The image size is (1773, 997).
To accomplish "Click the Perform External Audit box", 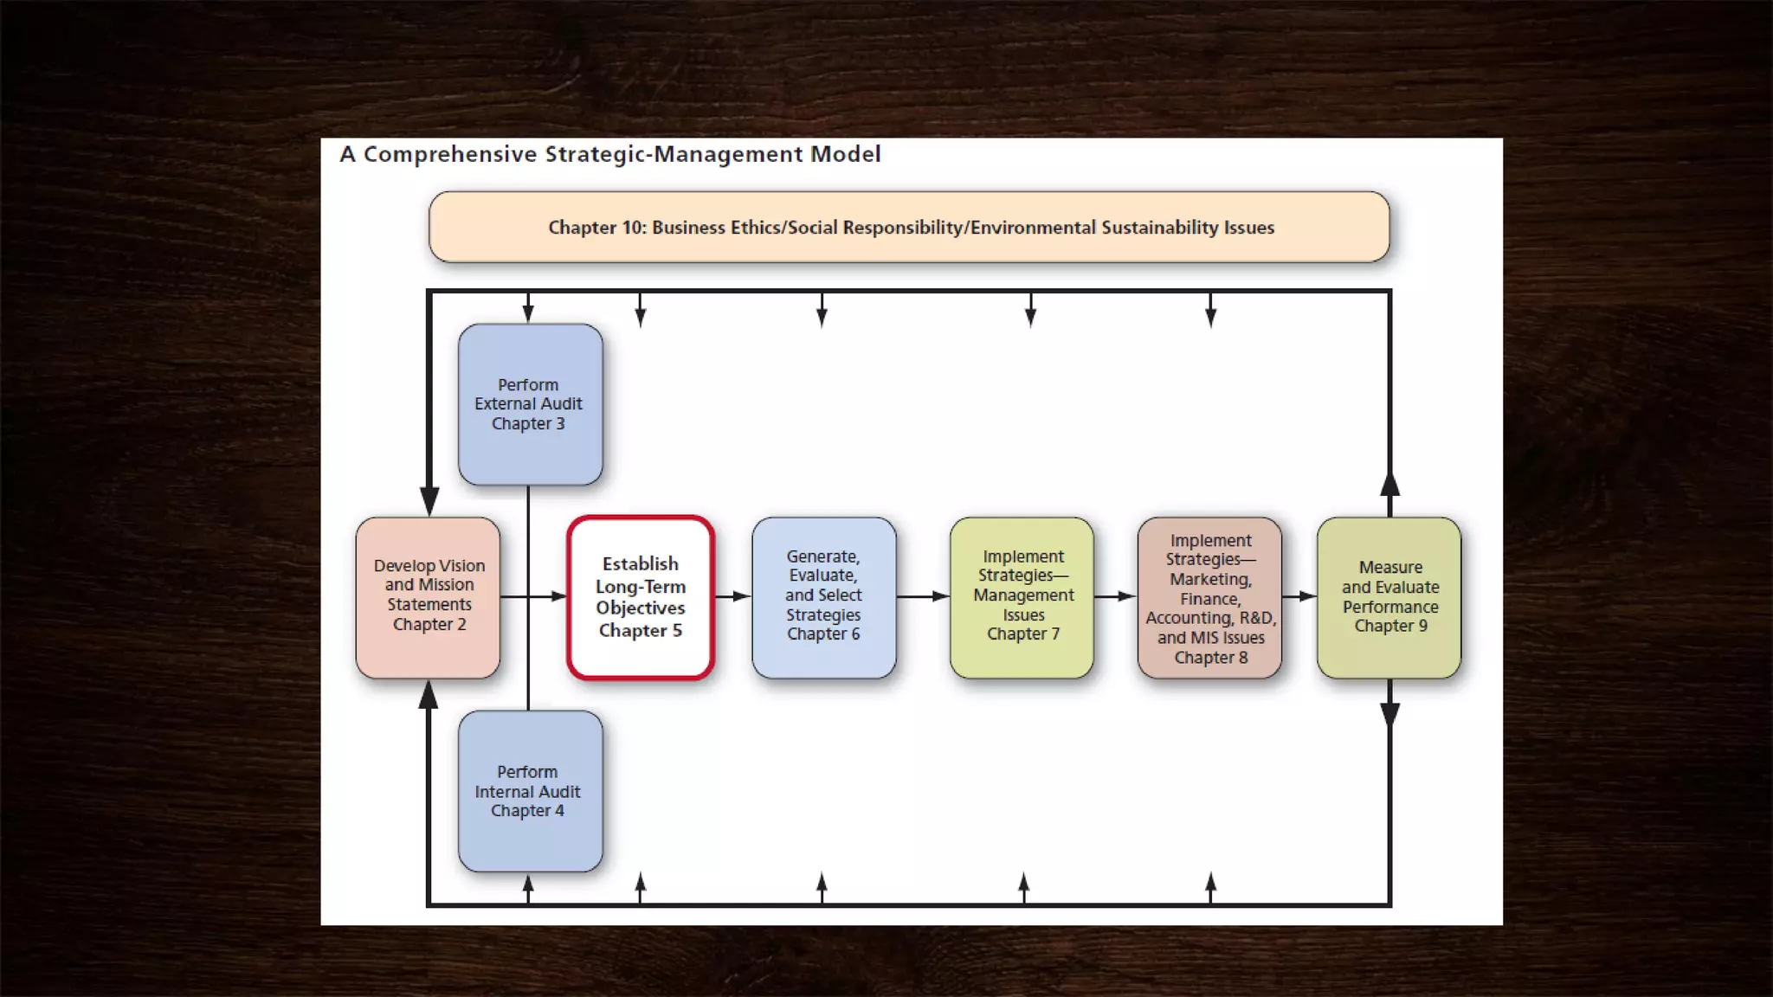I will pos(530,404).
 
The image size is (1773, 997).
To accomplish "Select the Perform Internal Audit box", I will pos(530,791).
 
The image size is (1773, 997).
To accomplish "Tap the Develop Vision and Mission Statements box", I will pos(428,597).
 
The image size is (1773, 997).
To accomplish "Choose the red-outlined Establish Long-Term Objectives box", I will pos(641,597).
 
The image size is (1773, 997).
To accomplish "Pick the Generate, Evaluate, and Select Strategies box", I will pos(823,597).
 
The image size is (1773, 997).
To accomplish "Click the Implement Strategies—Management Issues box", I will pos(1022,597).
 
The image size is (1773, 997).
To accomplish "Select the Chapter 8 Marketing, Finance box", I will pos(1209,597).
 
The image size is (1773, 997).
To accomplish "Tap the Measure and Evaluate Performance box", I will pos(1389,597).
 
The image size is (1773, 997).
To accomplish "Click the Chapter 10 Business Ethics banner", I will pos(909,227).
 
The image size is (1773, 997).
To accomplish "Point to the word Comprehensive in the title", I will pos(450,154).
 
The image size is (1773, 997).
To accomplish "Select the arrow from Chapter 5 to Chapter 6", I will pos(732,596).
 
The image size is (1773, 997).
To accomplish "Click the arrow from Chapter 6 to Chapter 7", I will pos(923,596).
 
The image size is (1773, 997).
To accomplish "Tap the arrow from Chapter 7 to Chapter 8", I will pos(1115,596).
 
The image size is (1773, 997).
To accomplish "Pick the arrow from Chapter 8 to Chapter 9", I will pos(1299,596).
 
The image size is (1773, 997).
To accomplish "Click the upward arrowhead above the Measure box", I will pos(1389,485).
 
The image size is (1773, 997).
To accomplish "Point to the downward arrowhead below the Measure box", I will pos(1389,715).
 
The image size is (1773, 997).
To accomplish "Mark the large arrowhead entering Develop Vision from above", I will pos(429,500).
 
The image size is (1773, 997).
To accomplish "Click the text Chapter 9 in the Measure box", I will pos(1390,626).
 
